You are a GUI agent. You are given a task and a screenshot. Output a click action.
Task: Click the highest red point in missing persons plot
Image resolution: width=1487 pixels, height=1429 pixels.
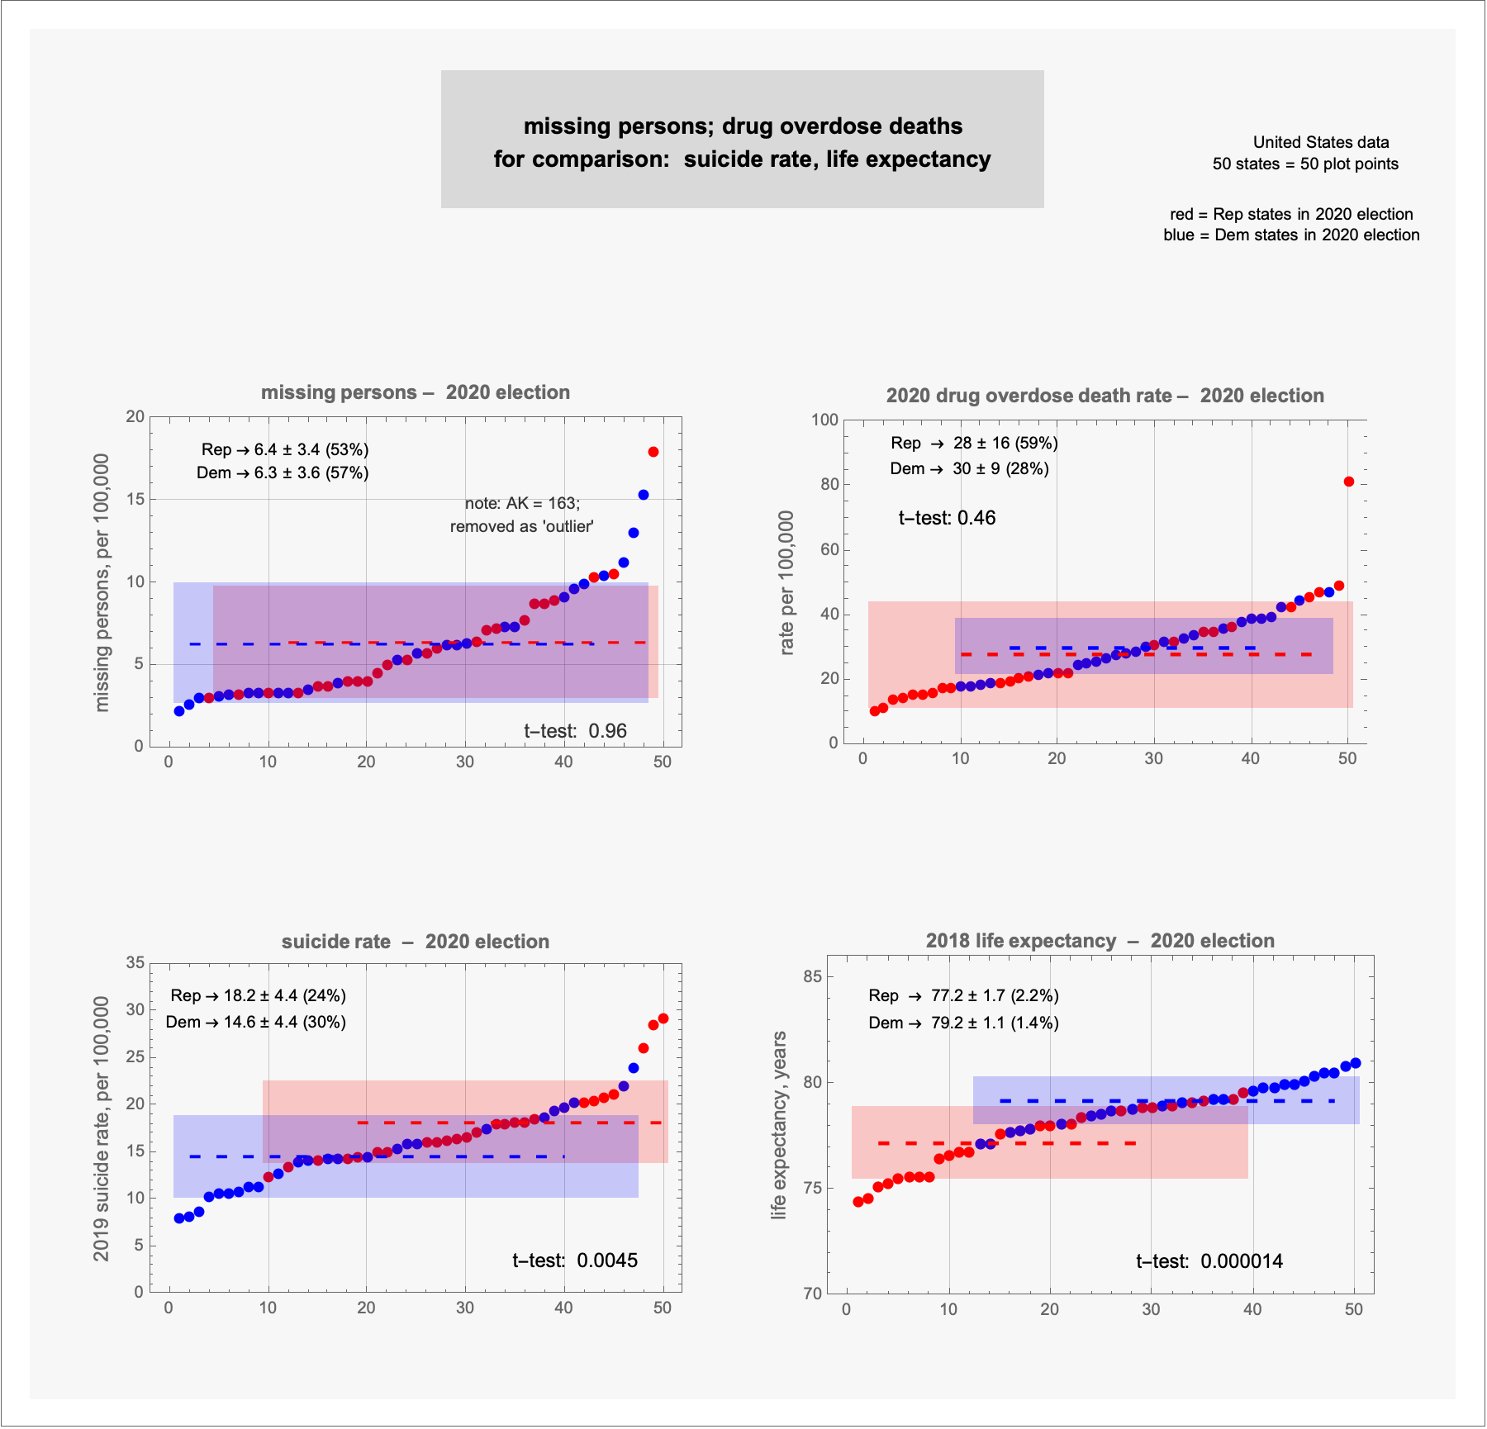pos(653,452)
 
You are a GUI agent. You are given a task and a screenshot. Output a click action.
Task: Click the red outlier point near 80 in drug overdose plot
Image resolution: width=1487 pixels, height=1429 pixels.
pos(1349,482)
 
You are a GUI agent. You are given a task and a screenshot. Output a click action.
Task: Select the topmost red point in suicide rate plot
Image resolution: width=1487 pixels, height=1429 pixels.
pos(663,1018)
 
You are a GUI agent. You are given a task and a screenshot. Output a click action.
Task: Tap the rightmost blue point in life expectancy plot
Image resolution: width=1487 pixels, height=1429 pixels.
pos(1356,1063)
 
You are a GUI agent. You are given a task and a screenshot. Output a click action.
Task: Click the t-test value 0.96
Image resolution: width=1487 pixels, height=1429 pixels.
pos(608,731)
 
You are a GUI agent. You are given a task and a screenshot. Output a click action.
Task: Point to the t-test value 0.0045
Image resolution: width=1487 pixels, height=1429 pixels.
pos(607,1260)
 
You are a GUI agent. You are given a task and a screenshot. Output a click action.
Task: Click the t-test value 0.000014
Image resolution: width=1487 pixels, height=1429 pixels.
pos(1242,1261)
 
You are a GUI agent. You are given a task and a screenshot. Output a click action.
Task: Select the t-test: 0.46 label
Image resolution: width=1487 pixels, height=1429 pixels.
pos(947,518)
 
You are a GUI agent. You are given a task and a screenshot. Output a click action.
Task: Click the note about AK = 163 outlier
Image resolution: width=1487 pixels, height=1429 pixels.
pos(522,515)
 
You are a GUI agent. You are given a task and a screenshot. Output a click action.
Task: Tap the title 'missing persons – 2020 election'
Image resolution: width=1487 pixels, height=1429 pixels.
pos(416,392)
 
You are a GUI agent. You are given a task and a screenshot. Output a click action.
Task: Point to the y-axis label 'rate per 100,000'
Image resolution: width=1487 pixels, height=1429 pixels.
pos(786,582)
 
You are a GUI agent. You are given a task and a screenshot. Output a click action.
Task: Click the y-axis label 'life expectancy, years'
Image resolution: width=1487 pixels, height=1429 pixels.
pos(778,1125)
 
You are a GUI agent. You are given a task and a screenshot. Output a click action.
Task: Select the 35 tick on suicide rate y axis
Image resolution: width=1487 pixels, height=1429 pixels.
pos(135,962)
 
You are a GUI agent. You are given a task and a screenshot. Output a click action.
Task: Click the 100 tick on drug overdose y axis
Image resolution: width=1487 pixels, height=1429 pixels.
pos(824,420)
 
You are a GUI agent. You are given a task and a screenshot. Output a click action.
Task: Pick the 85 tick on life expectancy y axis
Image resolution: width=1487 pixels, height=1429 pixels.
pos(813,976)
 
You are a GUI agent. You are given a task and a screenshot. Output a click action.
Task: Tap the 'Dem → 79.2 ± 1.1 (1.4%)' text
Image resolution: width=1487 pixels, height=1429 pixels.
pos(963,1023)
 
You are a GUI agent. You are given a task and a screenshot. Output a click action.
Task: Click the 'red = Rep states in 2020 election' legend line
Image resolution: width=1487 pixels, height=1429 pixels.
pos(1291,214)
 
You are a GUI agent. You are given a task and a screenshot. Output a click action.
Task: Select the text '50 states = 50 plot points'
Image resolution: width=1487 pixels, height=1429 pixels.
pos(1305,164)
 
